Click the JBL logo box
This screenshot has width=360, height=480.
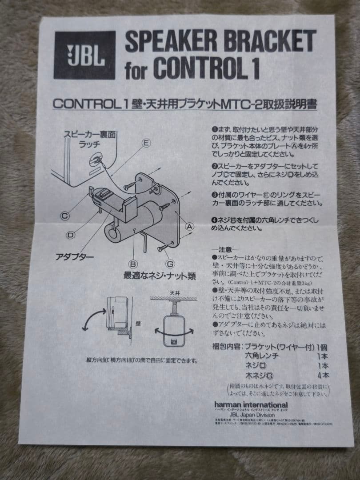point(84,55)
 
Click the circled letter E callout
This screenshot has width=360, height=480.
point(146,143)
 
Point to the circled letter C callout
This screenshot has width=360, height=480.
point(65,216)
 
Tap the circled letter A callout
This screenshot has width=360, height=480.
point(190,226)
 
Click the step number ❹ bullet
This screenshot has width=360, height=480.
point(214,220)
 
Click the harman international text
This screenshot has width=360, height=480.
point(251,405)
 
